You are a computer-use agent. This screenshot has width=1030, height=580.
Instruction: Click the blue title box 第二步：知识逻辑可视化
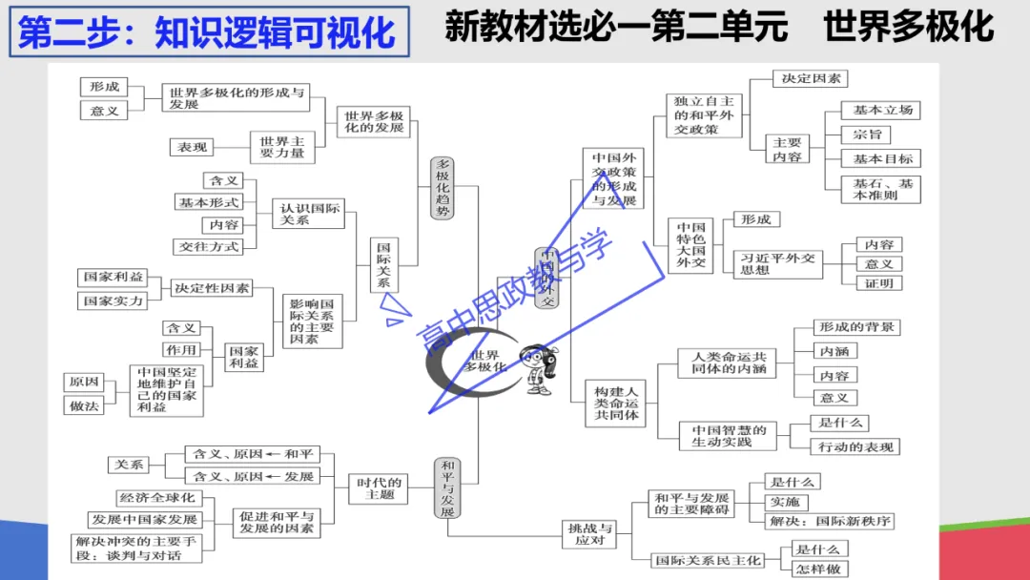tap(208, 31)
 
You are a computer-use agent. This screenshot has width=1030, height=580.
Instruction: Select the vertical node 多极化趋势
tap(443, 188)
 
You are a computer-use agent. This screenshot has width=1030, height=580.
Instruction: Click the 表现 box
tap(192, 147)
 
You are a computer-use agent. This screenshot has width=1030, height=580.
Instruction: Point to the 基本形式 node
tap(209, 202)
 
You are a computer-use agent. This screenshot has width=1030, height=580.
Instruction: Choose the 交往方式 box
tap(210, 246)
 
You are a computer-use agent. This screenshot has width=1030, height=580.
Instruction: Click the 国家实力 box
tap(113, 300)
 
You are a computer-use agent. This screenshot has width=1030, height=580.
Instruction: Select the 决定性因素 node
tap(212, 288)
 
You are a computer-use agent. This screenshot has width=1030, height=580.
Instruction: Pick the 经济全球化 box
tap(156, 498)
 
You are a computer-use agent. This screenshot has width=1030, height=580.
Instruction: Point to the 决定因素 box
tap(810, 79)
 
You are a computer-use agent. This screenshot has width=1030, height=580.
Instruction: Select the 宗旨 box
tap(867, 135)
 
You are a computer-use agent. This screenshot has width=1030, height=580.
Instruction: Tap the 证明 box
tap(877, 283)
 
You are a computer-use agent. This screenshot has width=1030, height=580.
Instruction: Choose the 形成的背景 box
tap(856, 327)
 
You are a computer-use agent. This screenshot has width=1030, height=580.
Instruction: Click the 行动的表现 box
tap(855, 446)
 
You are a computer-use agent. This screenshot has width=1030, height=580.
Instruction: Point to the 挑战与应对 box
tap(590, 534)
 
